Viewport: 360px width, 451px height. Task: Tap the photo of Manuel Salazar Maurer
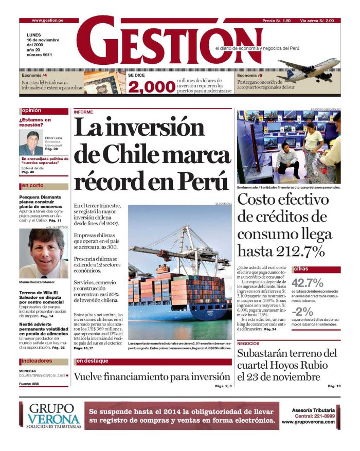coord(43,253)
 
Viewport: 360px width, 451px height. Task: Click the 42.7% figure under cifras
coord(308,282)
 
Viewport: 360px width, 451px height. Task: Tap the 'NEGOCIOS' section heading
coord(248,343)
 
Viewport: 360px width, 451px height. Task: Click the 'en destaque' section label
coord(93,361)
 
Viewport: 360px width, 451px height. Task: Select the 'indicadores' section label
coord(37,361)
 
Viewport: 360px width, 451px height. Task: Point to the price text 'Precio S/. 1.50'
coord(276,21)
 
